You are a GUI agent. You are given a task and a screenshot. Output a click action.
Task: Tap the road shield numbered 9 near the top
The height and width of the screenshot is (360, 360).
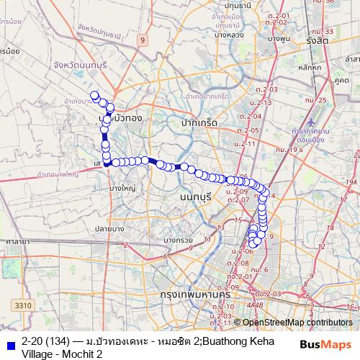pos(143,40)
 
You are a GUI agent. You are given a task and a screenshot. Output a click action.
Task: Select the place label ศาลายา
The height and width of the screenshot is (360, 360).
pos(13,243)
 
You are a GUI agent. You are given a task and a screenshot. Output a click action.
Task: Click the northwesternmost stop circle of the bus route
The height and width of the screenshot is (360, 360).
pos(94,95)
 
